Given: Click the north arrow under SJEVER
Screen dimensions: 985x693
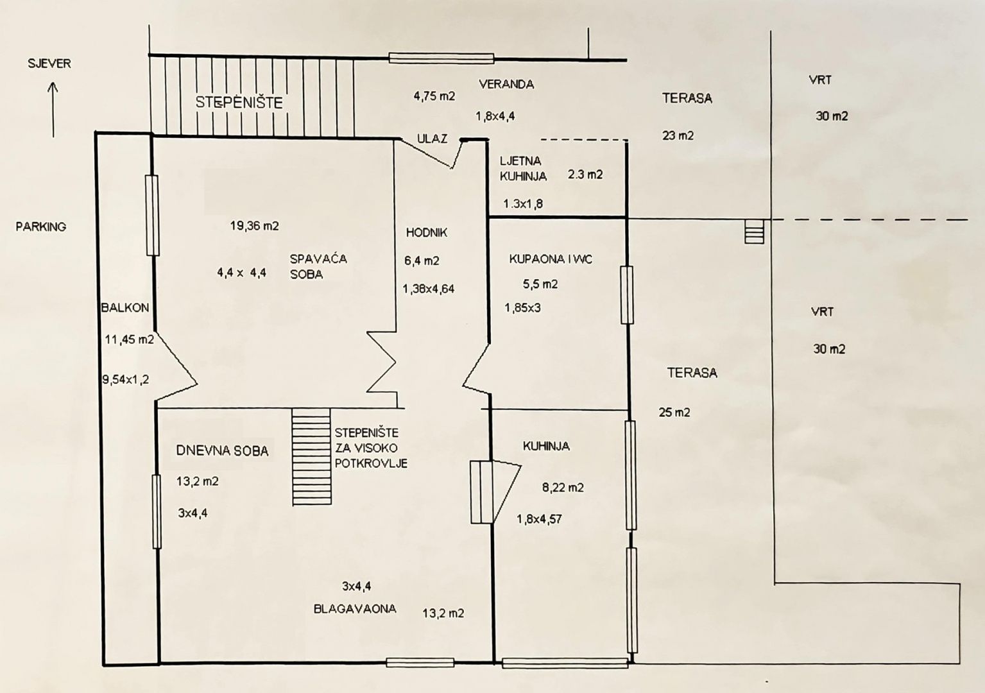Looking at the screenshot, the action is coord(53,110).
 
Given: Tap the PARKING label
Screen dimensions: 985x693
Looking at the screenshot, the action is coord(41,227).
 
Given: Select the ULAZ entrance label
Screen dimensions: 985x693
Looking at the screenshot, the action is coord(433,139).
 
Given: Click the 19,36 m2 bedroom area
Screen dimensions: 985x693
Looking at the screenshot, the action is coord(255,226).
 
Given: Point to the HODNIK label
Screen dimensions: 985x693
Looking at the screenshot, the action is coord(427,233).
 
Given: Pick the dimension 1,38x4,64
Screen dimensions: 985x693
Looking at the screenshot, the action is coord(429,289).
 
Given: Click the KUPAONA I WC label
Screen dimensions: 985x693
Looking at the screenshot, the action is coord(551,259).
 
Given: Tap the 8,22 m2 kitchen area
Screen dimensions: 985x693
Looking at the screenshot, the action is coord(563,487).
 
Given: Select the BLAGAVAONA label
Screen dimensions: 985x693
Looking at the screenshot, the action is coord(355,608).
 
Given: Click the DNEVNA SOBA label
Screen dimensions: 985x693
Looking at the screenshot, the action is coord(222,450).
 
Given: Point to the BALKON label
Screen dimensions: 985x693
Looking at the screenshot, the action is coord(125,307).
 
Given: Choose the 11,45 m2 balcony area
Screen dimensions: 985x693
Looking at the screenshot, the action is coord(129,339).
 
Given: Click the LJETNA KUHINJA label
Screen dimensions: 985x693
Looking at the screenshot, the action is coord(523,168).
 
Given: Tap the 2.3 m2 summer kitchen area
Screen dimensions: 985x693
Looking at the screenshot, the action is coord(585,175).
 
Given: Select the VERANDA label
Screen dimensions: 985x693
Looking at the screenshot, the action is coord(506,84).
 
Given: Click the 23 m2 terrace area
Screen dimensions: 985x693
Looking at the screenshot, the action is coord(678,136).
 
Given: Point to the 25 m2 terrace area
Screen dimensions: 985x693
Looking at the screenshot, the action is coord(674,413).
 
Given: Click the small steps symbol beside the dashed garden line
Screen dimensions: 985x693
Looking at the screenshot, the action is coord(755,232).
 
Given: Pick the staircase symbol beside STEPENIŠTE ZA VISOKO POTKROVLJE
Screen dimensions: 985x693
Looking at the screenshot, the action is coord(312,456).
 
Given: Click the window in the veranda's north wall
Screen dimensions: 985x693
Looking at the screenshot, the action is coord(441,58).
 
